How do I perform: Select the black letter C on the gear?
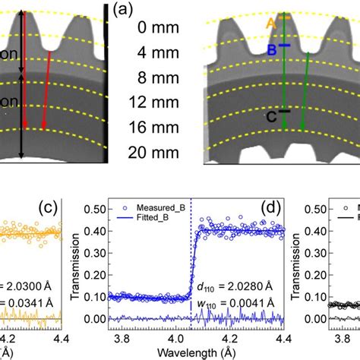click(271, 116)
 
